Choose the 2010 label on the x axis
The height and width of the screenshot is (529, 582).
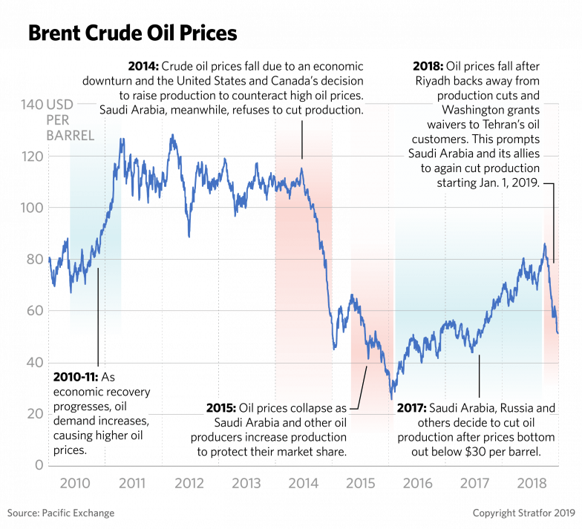pyautogui.click(x=75, y=484)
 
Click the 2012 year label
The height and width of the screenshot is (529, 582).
pyautogui.click(x=189, y=484)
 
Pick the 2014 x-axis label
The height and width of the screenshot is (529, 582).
pyautogui.click(x=303, y=484)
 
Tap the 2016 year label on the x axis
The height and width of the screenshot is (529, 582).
pyautogui.click(x=417, y=484)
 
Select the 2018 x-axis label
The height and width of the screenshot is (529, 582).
pyautogui.click(x=532, y=484)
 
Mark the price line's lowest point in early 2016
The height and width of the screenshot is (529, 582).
pyautogui.click(x=392, y=396)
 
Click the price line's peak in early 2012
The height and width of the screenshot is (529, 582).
pyautogui.click(x=172, y=136)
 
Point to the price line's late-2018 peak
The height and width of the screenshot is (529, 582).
pyautogui.click(x=545, y=245)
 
